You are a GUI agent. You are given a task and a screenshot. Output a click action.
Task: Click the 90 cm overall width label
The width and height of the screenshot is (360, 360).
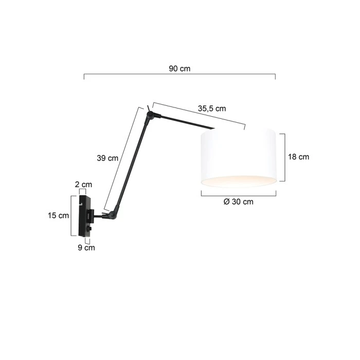(x=179, y=68)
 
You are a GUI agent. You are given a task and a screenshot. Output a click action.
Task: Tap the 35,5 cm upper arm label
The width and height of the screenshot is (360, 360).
(x=212, y=109)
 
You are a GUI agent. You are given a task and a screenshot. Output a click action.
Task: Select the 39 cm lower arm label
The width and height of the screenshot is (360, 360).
(x=107, y=158)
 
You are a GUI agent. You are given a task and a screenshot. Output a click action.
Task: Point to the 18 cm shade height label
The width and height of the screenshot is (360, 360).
(x=298, y=157)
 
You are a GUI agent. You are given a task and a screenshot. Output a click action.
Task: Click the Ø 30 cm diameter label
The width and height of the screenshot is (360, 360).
(x=238, y=202)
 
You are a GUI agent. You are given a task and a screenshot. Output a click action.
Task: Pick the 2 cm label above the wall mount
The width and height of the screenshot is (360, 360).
(x=83, y=184)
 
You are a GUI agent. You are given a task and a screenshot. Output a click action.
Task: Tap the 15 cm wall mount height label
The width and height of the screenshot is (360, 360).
(x=58, y=215)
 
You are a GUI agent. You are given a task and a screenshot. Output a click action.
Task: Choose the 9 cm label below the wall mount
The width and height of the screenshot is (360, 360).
(x=86, y=247)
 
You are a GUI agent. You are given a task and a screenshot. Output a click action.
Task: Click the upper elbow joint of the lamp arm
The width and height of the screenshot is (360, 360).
(x=150, y=115)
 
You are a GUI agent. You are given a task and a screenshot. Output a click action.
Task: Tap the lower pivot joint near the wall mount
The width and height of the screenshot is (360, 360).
(x=113, y=215)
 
